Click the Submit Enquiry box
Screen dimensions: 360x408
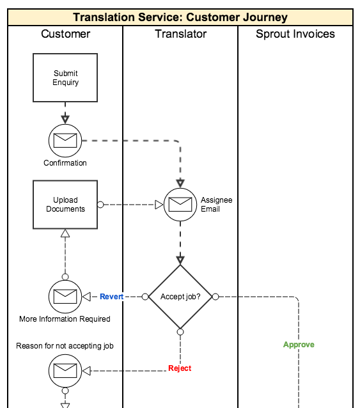65,77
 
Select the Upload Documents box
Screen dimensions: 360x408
65,205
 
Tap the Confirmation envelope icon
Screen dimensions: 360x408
65,141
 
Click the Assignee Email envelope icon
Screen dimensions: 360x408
180,205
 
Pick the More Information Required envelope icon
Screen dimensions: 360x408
65,296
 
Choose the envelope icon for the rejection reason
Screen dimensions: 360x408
65,371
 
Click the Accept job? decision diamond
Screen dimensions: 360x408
180,296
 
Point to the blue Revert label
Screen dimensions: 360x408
112,296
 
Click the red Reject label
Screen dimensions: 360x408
180,368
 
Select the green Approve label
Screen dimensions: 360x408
299,345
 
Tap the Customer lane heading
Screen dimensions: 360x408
66,34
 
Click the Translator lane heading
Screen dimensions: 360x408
181,34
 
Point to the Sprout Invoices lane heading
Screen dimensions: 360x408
295,34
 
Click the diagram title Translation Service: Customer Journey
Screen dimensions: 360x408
180,17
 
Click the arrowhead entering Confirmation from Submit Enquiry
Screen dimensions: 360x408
65,120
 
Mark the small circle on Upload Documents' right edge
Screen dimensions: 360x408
100,205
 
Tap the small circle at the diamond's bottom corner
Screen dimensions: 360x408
180,332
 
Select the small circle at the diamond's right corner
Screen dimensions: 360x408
215,296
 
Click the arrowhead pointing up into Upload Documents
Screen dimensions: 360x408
65,233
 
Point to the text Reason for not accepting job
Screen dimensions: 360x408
65,346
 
